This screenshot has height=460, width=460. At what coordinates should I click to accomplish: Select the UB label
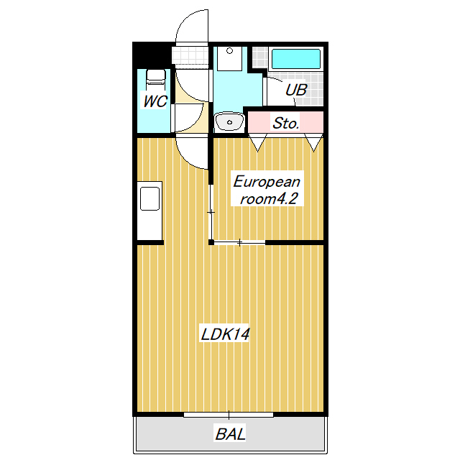[x=295, y=91]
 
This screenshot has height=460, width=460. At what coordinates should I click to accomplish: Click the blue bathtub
[x=295, y=58]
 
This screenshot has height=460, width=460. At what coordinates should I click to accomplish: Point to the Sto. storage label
[x=285, y=123]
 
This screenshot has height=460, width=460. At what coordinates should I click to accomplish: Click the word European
[x=266, y=181]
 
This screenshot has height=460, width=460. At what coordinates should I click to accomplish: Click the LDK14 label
[x=225, y=334]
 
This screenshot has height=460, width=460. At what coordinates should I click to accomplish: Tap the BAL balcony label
[x=230, y=434]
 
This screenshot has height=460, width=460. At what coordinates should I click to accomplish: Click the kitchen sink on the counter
[x=150, y=198]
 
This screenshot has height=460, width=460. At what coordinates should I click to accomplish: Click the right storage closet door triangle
[x=314, y=142]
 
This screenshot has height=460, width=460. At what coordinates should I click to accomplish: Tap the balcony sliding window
[x=229, y=415]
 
